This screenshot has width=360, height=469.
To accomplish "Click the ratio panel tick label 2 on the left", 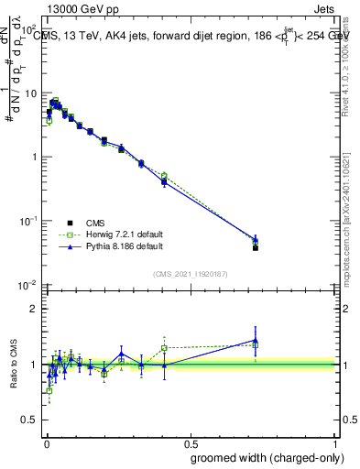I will pos(37,309).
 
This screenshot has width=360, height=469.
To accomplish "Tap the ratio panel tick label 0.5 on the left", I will pos(32,421).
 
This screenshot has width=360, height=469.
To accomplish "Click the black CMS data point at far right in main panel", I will pos(256,248).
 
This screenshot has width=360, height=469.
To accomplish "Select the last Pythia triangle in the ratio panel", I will pos(256,341).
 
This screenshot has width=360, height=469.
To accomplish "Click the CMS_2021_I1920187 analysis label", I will pos(190,274).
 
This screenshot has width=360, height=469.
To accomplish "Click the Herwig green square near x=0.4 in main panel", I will pos(164,176).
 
